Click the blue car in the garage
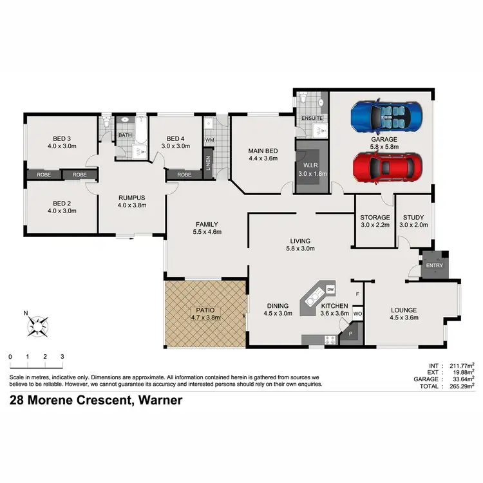(381, 117)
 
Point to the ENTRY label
(434, 265)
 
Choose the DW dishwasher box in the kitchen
(330, 289)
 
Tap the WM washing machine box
(210, 139)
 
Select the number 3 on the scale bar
(62, 356)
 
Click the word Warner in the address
(160, 401)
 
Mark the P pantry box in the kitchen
(350, 334)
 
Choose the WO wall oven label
(357, 314)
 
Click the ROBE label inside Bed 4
(184, 175)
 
